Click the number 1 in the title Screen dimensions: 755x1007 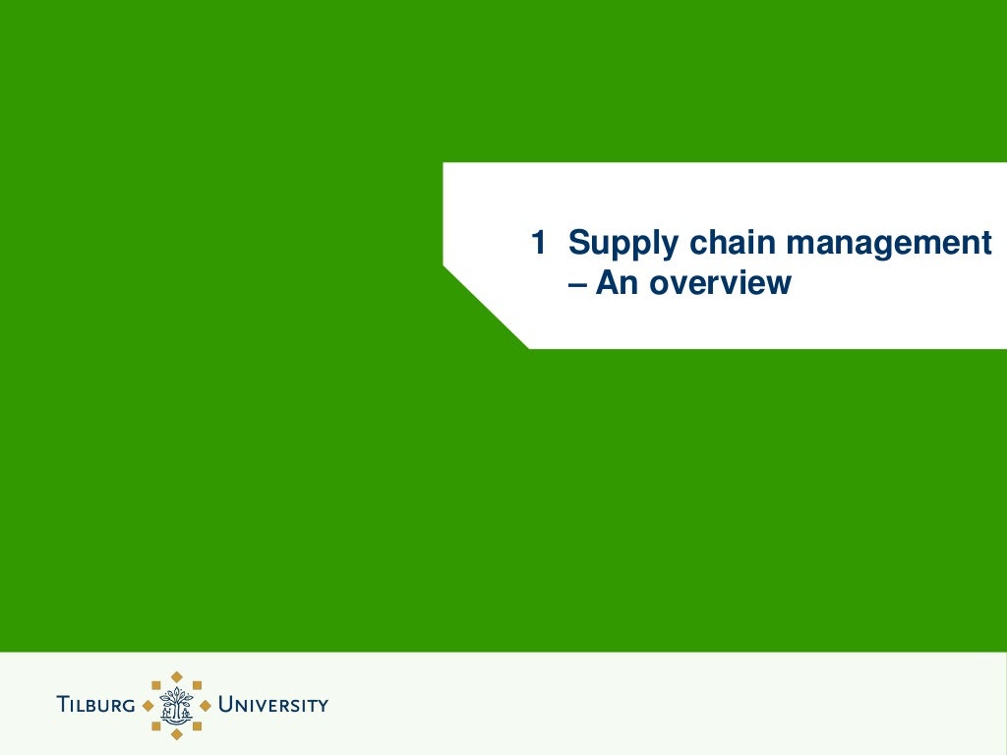coord(538,243)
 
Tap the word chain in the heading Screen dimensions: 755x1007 coord(733,243)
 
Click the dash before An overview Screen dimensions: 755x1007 coord(576,283)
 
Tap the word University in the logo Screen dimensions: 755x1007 coord(272,705)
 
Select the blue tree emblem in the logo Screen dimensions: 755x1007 coord(177,704)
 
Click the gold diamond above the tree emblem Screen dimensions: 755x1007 coord(177,675)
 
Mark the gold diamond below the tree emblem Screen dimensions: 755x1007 coord(177,733)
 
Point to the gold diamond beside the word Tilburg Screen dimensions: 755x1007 coord(148,705)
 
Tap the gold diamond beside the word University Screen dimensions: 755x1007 coord(206,705)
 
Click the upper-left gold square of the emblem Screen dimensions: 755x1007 coord(156,684)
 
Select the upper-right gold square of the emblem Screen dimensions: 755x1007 coord(198,684)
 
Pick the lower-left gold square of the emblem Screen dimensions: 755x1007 coord(156,726)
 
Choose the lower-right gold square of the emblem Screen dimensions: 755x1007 coord(198,726)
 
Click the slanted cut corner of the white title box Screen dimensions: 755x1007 coord(485,307)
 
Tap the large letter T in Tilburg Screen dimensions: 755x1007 coord(63,704)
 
